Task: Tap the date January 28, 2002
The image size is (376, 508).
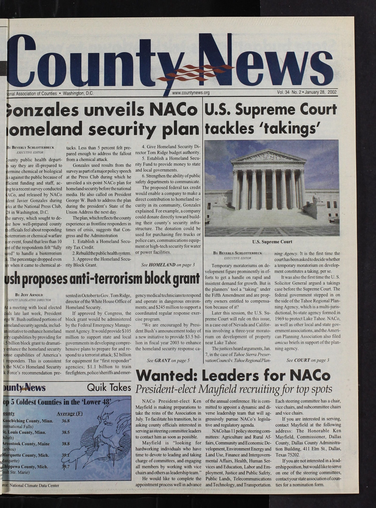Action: point(319,92)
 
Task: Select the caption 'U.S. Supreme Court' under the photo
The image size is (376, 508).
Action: point(272,242)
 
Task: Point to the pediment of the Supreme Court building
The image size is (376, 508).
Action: point(268,156)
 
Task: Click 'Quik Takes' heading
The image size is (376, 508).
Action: point(109,387)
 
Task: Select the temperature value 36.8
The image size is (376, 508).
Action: point(65,421)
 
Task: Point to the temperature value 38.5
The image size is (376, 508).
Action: point(65,432)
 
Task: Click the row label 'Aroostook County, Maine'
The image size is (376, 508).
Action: point(26,444)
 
